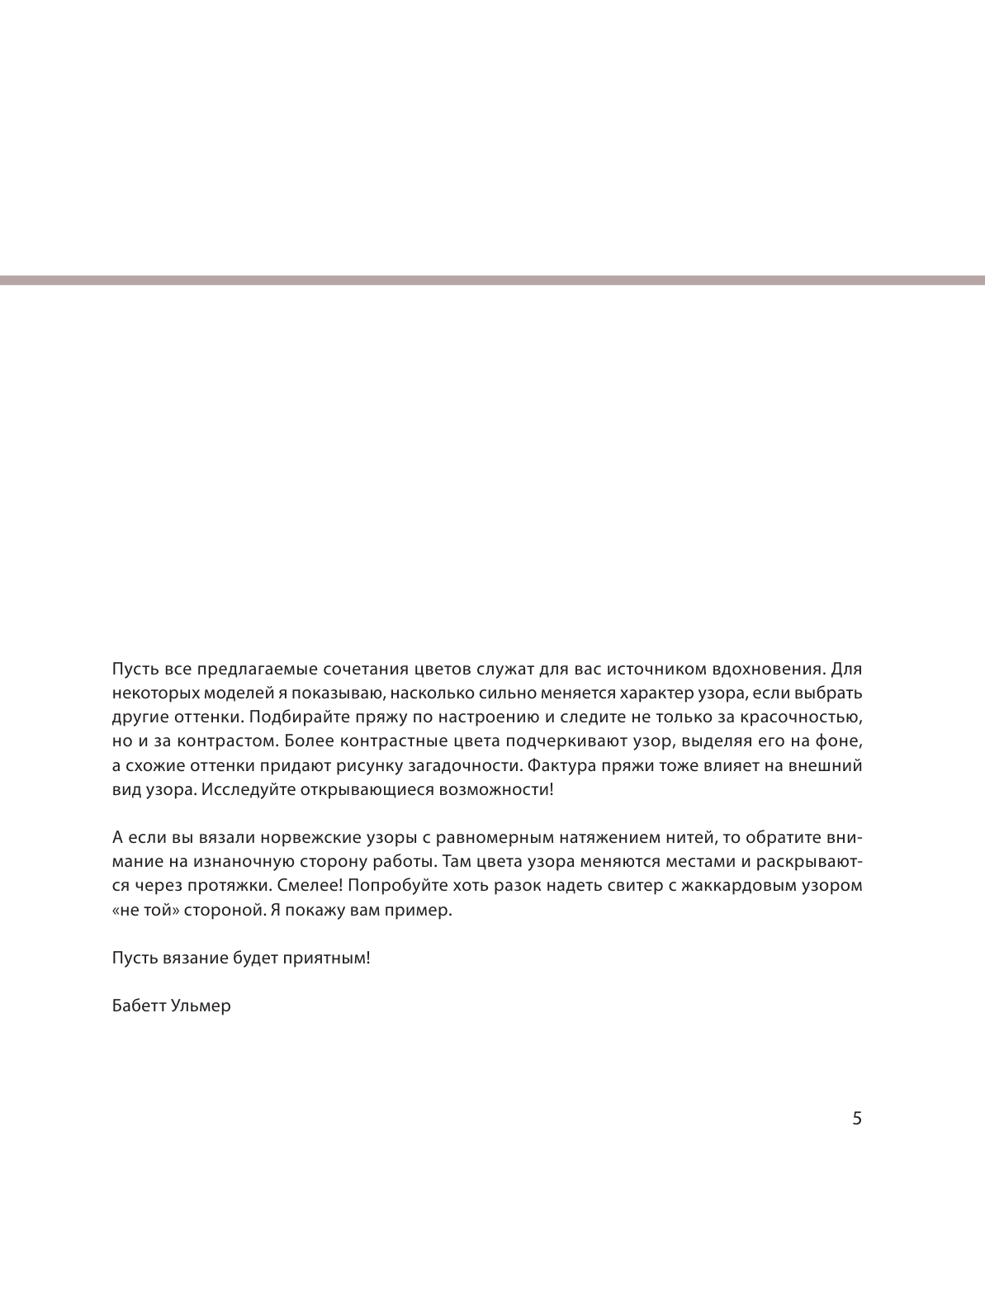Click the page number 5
point(856,1119)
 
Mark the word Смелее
point(305,886)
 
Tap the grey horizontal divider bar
point(492,281)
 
